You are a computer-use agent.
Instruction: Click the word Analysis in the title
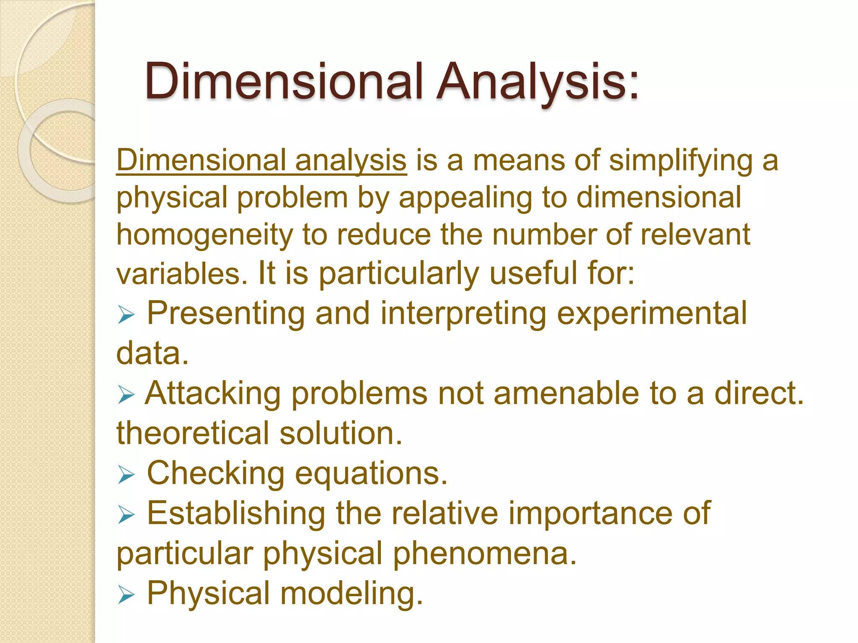(x=538, y=82)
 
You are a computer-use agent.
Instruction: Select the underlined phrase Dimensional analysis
(x=261, y=160)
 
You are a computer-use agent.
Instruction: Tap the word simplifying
(x=681, y=161)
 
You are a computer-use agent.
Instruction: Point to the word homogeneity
(x=204, y=236)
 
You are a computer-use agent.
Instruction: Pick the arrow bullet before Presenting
(x=126, y=314)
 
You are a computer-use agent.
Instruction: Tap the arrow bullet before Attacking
(x=126, y=395)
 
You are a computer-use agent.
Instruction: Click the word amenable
(x=566, y=394)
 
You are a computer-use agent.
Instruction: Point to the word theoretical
(x=192, y=433)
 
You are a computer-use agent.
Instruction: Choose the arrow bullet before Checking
(x=126, y=475)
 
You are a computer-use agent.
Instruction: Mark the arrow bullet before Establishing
(x=126, y=514)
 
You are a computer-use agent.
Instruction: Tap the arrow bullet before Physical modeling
(x=126, y=594)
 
